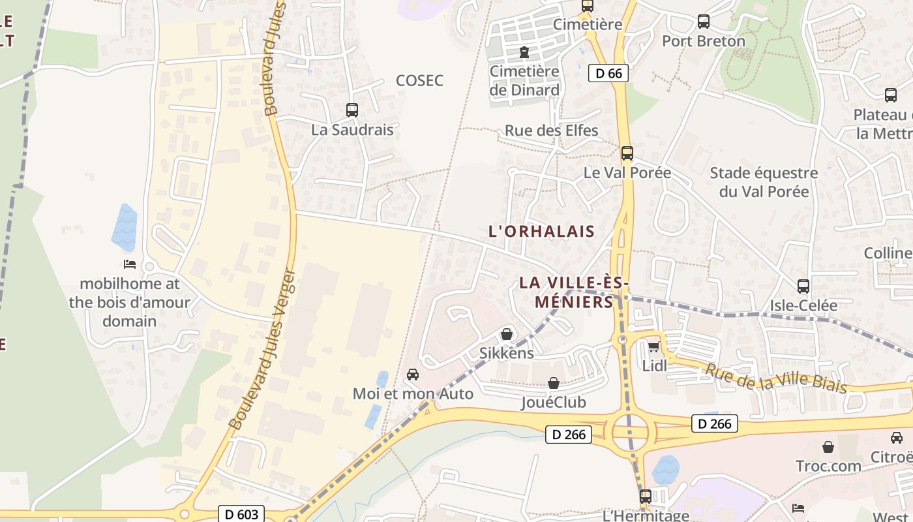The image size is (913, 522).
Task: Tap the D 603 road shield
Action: pyautogui.click(x=241, y=514)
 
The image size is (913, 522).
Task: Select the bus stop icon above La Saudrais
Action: pyautogui.click(x=352, y=110)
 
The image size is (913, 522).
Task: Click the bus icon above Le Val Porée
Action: pyautogui.click(x=627, y=153)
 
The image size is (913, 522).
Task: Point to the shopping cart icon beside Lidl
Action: pyautogui.click(x=653, y=346)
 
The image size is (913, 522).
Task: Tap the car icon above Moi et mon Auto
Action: pyautogui.click(x=412, y=375)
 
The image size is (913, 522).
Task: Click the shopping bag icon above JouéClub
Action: pyautogui.click(x=554, y=382)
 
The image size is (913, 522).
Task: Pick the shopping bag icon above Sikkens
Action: pyautogui.click(x=507, y=334)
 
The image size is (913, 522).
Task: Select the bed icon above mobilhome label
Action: pyautogui.click(x=130, y=264)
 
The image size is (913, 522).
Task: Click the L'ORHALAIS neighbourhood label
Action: pyautogui.click(x=541, y=231)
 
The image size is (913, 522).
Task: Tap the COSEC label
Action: pyautogui.click(x=419, y=80)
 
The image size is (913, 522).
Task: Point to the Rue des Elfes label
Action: pyautogui.click(x=551, y=130)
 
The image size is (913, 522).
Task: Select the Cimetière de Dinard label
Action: pyautogui.click(x=524, y=81)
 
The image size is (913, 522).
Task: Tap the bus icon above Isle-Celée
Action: pyautogui.click(x=803, y=286)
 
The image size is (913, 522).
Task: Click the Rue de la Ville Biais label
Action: pyautogui.click(x=776, y=378)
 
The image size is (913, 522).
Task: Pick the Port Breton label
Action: pyautogui.click(x=703, y=40)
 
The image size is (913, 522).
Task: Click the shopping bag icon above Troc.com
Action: pyautogui.click(x=828, y=447)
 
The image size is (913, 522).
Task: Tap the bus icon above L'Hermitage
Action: pyautogui.click(x=645, y=496)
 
